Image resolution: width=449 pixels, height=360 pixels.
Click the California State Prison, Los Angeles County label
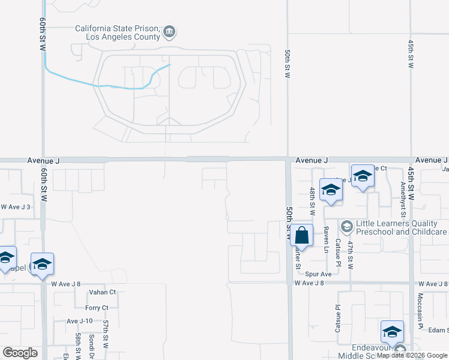pos(116,32)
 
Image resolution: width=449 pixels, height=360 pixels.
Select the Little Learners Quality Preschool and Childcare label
pos(401,227)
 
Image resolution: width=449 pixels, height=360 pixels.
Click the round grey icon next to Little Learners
pos(346,227)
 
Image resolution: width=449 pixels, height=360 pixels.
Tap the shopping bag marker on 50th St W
pos(303,235)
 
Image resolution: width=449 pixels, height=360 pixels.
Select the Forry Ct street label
pos(97,308)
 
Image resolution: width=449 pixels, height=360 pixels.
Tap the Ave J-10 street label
pos(79,321)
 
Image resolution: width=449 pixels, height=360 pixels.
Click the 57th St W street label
pos(105,334)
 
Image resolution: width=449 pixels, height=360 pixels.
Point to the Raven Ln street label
pos(327,240)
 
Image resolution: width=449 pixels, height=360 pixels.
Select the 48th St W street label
pos(312,201)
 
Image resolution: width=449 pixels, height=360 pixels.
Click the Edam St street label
pos(439,330)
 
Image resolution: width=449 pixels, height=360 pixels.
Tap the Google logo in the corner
pos(20,353)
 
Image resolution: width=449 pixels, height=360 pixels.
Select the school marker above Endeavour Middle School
pos(392,331)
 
